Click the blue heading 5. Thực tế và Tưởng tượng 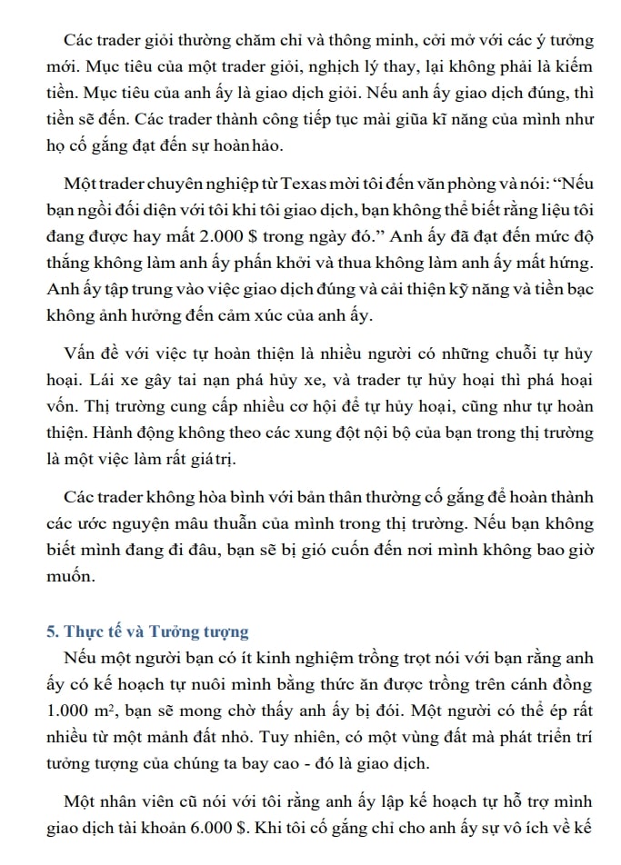point(147,631)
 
